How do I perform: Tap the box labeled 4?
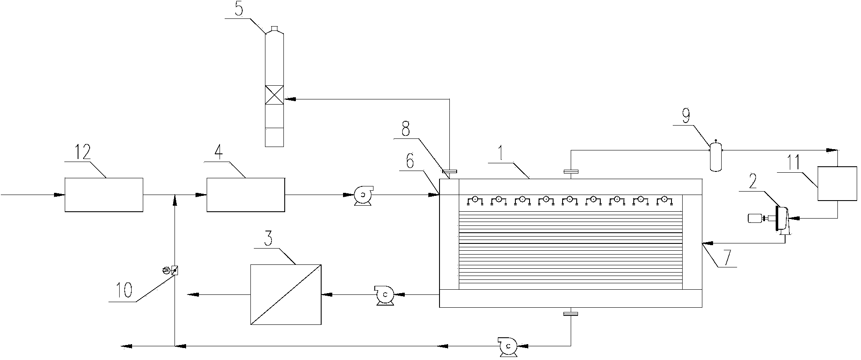tap(246, 195)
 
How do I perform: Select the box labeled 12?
tap(104, 195)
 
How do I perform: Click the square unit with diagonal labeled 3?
tap(286, 294)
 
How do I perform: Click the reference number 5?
tap(239, 9)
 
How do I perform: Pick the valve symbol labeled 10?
tap(172, 270)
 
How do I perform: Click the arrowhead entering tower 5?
tap(290, 99)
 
